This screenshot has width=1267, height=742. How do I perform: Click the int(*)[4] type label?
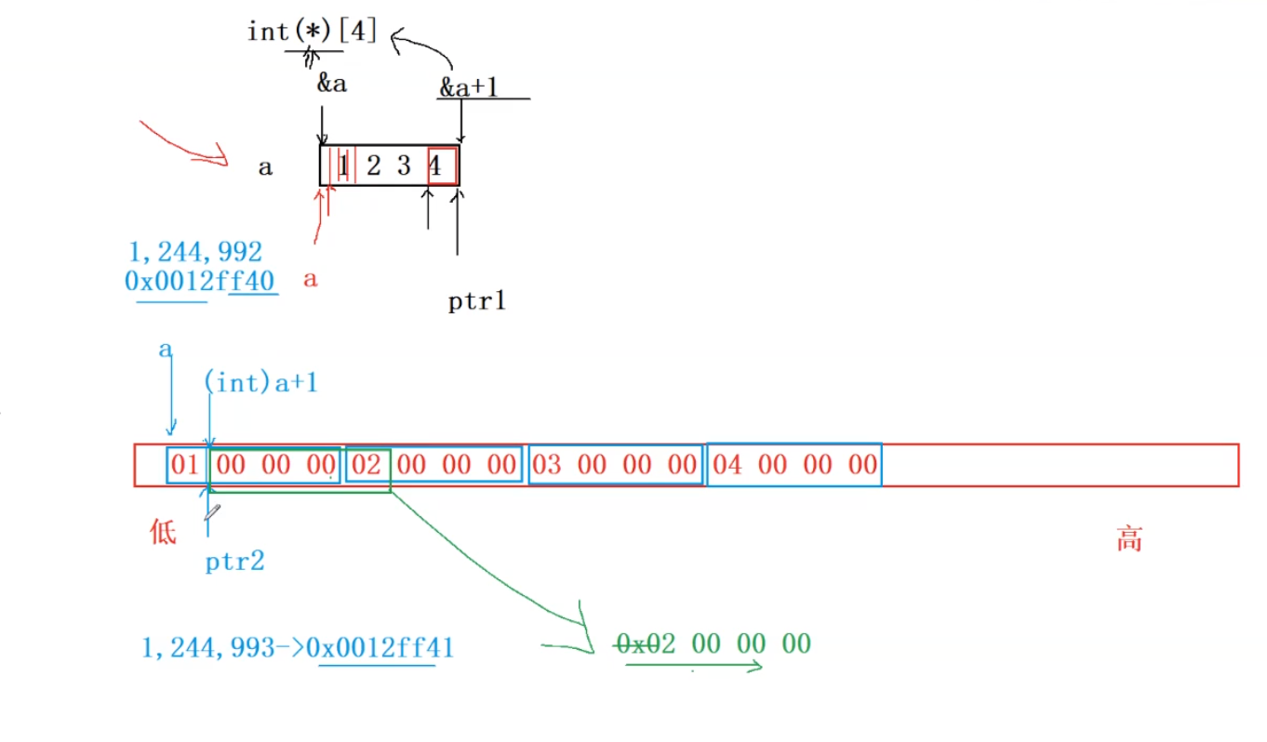click(312, 31)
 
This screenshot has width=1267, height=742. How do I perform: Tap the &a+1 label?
click(469, 87)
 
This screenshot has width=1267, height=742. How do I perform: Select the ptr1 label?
click(476, 301)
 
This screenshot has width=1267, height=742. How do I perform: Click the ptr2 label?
click(234, 562)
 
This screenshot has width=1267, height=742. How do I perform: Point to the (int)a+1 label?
click(260, 382)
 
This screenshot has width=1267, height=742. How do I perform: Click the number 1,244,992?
click(196, 251)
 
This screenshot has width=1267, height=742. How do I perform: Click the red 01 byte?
click(185, 465)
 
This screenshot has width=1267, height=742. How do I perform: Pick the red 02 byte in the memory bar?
click(367, 465)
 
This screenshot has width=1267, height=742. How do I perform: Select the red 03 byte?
click(548, 465)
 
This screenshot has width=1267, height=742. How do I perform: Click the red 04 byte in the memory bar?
click(728, 465)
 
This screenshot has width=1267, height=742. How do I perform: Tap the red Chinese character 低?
click(163, 533)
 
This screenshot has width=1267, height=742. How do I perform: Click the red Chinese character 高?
click(1128, 540)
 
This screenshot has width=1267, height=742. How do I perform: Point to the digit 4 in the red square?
click(434, 167)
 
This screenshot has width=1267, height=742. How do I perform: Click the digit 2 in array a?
click(373, 167)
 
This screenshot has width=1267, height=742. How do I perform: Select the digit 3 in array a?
click(403, 167)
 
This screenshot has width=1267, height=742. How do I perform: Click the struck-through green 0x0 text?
click(637, 643)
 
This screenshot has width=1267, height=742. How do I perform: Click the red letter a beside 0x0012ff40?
click(311, 279)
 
